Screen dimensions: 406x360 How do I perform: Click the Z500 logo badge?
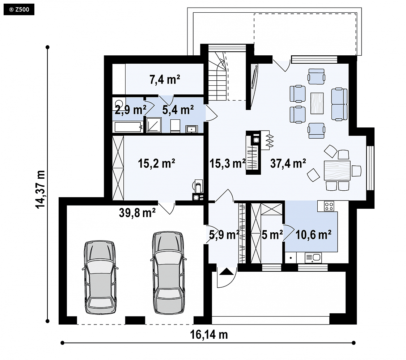[19, 10]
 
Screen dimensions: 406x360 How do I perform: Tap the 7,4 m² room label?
[165, 80]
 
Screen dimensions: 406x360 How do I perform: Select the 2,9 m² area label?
[131, 110]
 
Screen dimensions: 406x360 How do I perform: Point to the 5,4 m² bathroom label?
[178, 110]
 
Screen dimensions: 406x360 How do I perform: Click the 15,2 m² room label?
[157, 164]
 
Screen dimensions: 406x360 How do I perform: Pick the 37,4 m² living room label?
[288, 164]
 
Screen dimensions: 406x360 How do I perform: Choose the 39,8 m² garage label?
[137, 213]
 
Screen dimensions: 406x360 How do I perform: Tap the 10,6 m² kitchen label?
[313, 235]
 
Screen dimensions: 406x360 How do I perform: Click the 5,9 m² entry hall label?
[224, 235]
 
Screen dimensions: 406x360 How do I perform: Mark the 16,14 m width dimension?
[209, 335]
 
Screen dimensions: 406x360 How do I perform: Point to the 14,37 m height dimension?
[41, 189]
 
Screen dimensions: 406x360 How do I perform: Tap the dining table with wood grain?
[337, 170]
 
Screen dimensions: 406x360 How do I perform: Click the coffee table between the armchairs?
[317, 103]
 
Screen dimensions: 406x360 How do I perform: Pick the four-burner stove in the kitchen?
[329, 206]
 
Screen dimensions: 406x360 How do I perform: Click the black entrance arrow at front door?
[227, 271]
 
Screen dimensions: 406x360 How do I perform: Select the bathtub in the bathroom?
[129, 127]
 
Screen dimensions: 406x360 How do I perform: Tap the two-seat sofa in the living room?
[339, 104]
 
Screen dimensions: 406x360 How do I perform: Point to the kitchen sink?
[313, 258]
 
